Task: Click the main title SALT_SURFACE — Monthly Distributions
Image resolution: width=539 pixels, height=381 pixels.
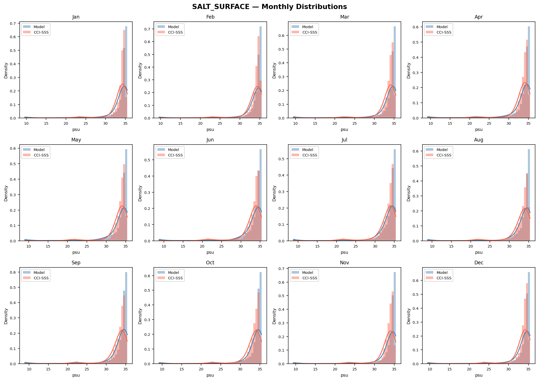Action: click(269, 7)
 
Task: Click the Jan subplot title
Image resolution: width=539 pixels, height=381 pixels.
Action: click(76, 17)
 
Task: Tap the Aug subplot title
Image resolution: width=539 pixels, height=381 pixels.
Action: click(479, 140)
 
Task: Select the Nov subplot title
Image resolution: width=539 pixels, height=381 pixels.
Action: click(344, 263)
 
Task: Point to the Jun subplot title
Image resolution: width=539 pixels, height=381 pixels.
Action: click(210, 140)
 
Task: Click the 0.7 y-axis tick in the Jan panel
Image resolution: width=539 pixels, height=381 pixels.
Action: click(13, 23)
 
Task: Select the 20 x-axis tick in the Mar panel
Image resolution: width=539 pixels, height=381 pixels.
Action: click(335, 123)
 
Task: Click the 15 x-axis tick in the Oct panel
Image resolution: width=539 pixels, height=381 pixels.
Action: click(181, 369)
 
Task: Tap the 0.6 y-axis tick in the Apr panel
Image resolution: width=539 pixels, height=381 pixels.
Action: click(416, 27)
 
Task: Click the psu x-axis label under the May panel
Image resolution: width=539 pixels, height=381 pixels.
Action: click(76, 252)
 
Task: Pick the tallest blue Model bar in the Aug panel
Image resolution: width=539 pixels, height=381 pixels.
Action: click(529, 195)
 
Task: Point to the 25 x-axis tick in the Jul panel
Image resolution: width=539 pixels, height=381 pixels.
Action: click(356, 246)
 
